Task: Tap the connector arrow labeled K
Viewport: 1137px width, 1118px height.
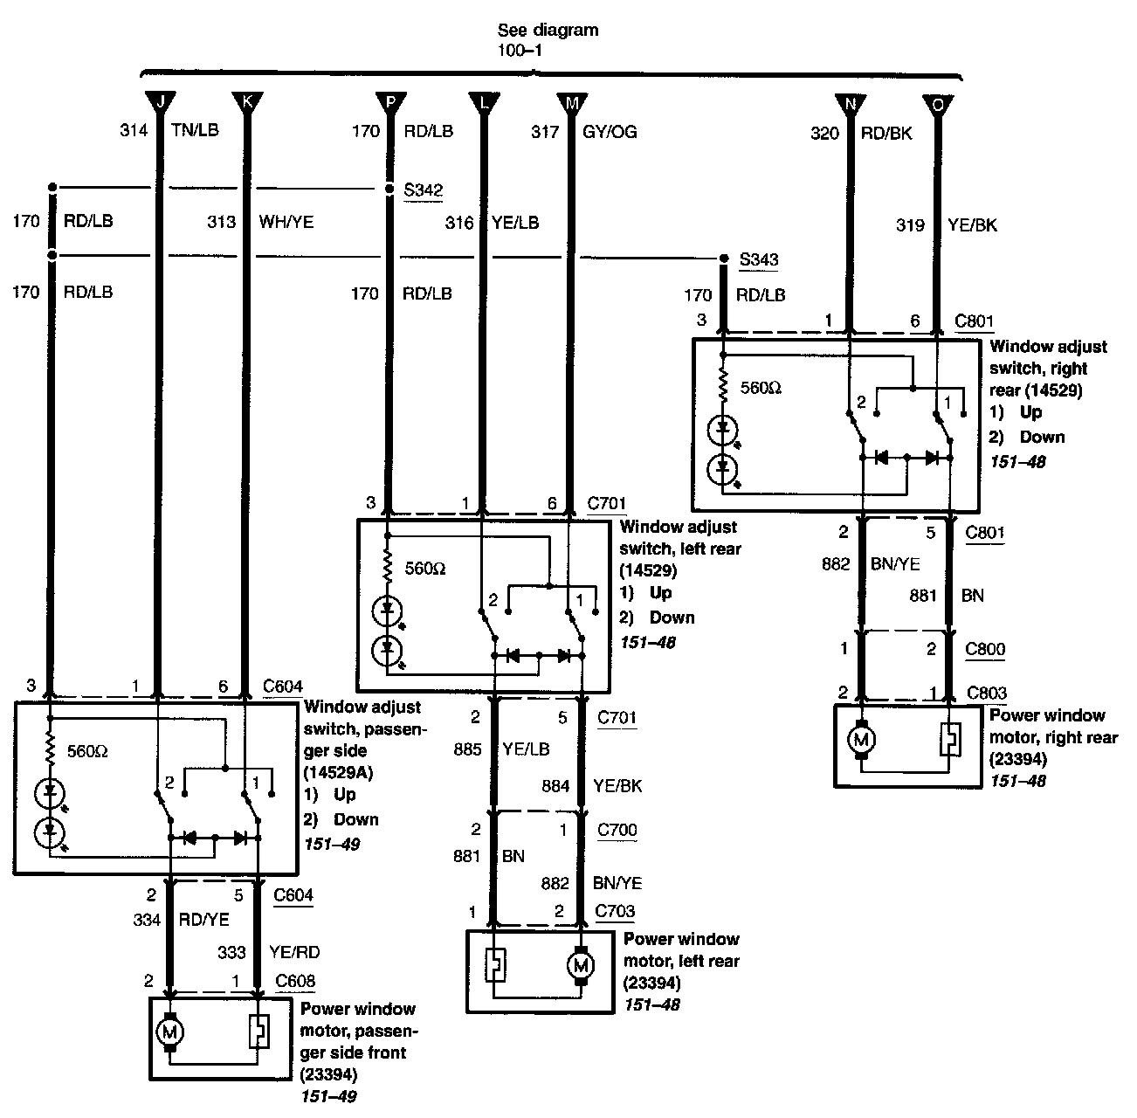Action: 246,102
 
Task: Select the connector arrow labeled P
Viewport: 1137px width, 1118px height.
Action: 390,102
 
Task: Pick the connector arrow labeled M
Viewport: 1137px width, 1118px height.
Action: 572,102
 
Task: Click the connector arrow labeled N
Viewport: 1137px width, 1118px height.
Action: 849,104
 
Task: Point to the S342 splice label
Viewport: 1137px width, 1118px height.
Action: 424,190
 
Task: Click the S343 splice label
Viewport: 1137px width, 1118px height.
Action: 758,259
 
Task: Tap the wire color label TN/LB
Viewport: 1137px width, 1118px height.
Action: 196,131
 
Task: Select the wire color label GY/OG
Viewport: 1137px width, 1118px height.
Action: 610,132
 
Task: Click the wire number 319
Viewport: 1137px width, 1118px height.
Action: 910,225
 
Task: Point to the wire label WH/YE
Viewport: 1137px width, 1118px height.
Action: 286,222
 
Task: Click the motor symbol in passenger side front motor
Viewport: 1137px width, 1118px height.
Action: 169,1032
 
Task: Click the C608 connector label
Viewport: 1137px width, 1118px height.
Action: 294,981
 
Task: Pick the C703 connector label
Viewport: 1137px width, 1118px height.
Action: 615,911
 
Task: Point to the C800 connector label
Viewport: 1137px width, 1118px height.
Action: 985,649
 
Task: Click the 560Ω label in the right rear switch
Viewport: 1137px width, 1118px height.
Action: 761,387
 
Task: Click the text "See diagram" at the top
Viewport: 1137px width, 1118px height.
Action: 548,30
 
